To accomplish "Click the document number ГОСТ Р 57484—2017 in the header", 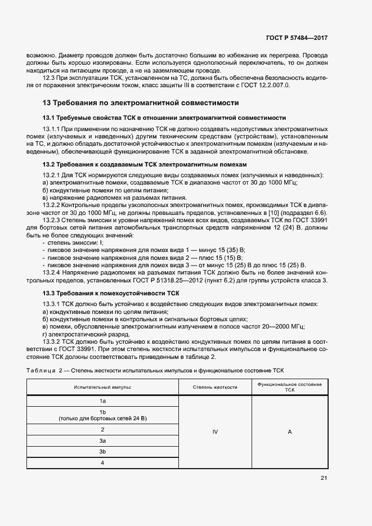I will click(297, 38).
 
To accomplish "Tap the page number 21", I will click(324, 478).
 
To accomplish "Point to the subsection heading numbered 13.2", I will click(145, 164).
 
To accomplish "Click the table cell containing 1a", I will click(103, 401).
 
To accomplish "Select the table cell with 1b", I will click(103, 415).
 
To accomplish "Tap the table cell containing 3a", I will click(103, 440).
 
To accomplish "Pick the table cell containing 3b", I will click(103, 452).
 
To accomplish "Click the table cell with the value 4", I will click(103, 463).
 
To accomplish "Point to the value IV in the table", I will click(215, 432).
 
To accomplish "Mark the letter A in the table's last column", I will click(290, 432).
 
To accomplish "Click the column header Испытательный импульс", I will click(102, 388).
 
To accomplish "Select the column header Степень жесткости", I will click(215, 388).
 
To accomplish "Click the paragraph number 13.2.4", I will click(53, 257).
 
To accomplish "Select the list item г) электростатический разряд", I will click(78, 333).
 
